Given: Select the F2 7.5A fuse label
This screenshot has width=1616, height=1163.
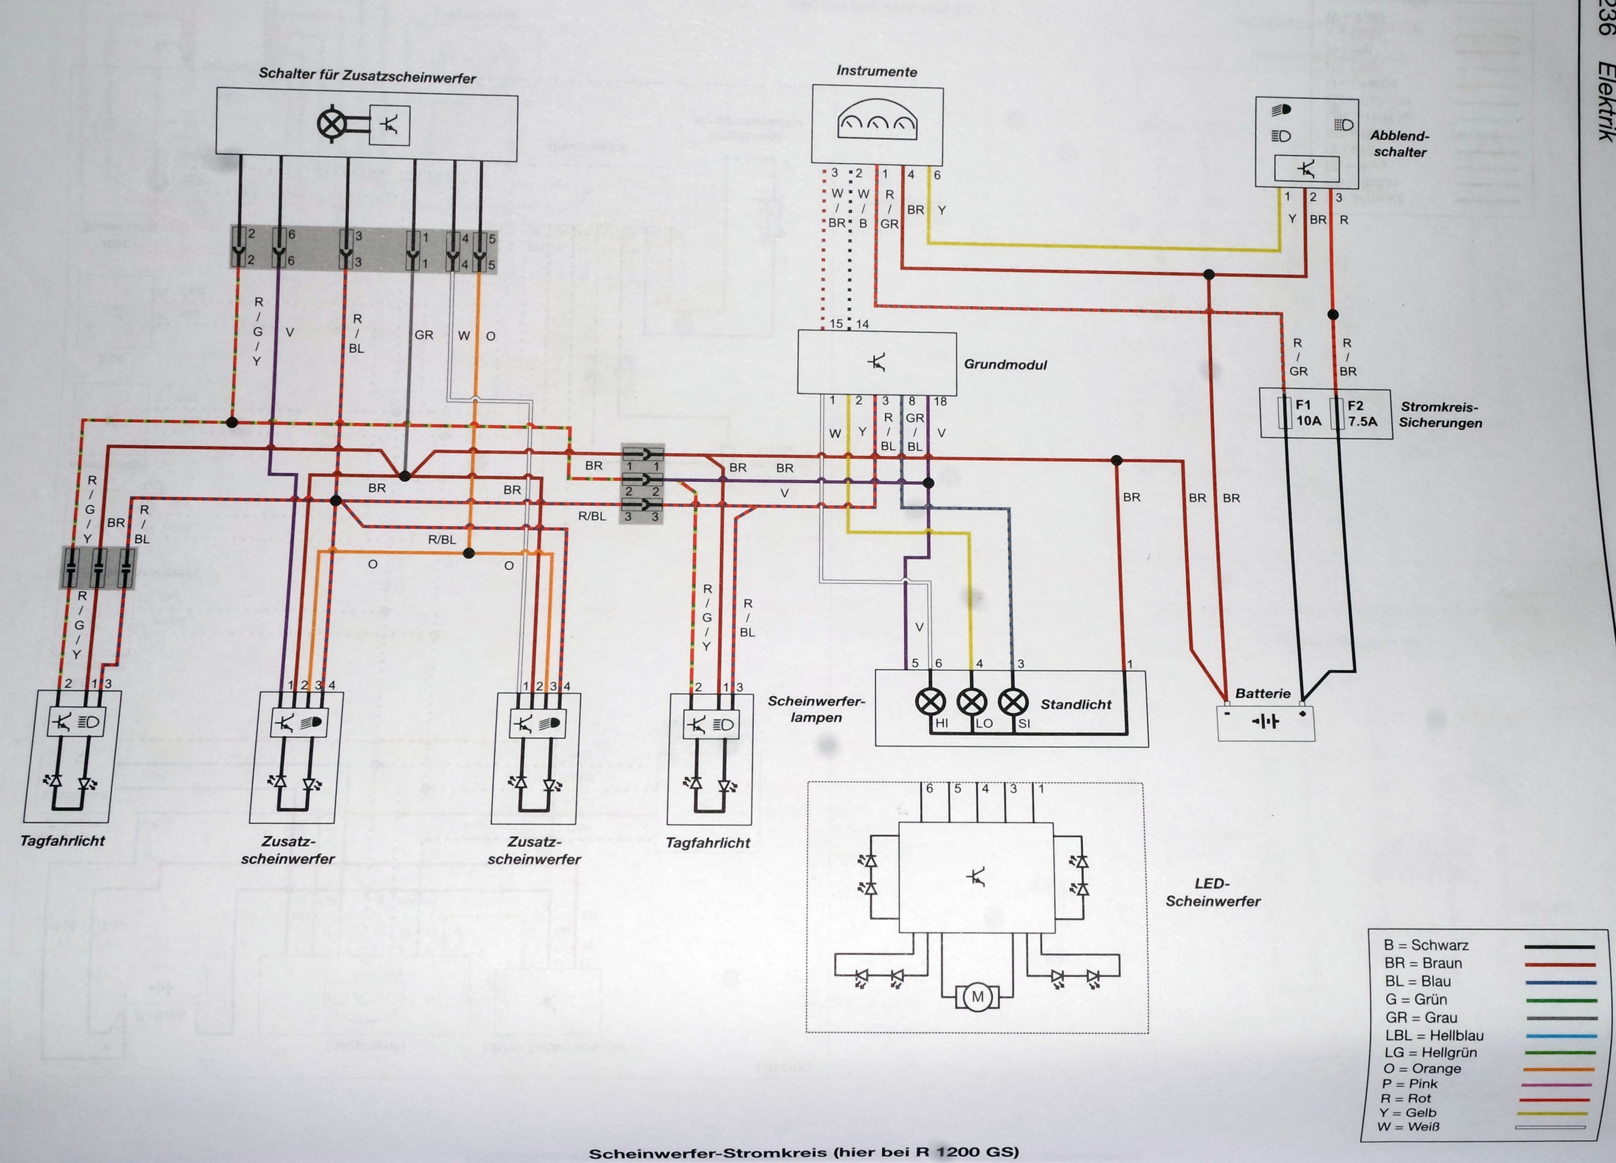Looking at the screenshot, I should tap(1361, 413).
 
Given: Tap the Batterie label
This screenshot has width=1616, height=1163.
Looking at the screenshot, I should tap(1262, 693).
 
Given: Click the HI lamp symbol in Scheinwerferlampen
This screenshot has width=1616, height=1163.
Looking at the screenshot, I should tap(930, 702).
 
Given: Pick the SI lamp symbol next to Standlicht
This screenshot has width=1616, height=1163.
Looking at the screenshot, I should tap(1013, 702).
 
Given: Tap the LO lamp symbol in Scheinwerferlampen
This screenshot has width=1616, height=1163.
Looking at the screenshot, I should tap(971, 702).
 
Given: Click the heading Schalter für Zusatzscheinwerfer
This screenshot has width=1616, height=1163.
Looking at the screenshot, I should tap(367, 76).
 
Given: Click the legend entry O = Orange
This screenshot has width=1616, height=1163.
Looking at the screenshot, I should tap(1422, 1068).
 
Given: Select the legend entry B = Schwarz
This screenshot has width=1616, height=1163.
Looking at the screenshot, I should tap(1425, 945).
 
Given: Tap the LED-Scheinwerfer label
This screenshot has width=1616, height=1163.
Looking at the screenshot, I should tap(1213, 892).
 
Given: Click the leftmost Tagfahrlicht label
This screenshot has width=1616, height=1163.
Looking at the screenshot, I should tap(62, 841).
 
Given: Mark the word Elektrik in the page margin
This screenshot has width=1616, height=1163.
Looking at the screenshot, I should tap(1604, 111).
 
